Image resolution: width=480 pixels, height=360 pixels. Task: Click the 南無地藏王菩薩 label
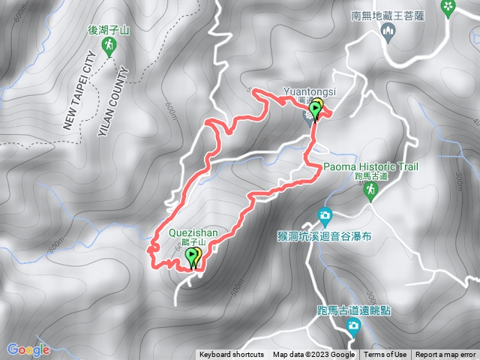coord(388,14)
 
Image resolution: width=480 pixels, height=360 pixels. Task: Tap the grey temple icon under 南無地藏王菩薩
coord(388,30)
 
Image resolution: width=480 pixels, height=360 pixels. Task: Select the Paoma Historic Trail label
coord(371,166)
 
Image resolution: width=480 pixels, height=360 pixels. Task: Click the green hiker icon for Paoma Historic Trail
coord(370,192)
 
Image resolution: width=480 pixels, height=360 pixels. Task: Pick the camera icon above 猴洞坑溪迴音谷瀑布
coord(325,216)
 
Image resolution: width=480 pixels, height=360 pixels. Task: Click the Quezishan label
coord(193,232)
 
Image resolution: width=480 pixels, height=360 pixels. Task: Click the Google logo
coord(28,349)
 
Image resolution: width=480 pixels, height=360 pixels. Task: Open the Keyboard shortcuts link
coord(231,355)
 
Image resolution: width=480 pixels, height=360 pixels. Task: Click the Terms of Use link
coord(385,355)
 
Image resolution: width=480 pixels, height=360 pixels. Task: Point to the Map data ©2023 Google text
coord(313,355)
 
